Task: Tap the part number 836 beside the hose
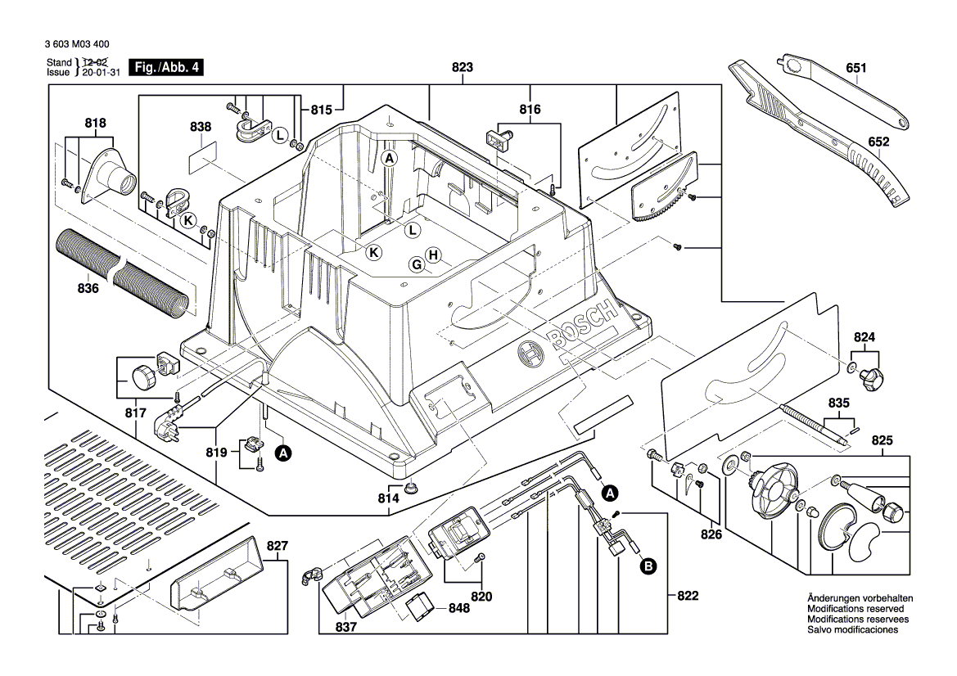pos(88,289)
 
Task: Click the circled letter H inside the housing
pos(434,255)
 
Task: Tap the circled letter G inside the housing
pos(417,264)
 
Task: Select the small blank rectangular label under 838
pos(201,157)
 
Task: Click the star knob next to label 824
pos(871,379)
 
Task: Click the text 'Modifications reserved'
pos(855,610)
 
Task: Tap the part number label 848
pos(460,609)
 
